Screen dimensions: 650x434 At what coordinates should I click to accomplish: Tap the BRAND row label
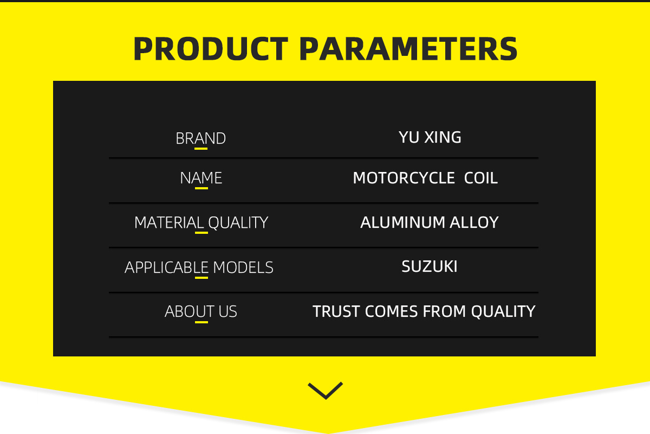click(x=200, y=138)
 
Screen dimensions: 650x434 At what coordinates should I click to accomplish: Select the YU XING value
click(x=430, y=137)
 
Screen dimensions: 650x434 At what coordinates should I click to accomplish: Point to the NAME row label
click(x=201, y=178)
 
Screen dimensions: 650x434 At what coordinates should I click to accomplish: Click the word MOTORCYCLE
click(x=404, y=178)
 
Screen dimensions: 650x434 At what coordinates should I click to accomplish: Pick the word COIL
click(x=481, y=178)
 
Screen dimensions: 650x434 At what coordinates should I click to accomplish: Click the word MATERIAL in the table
click(x=169, y=222)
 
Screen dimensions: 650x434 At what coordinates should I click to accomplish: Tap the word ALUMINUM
click(x=402, y=222)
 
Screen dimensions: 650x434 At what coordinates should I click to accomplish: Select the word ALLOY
click(x=474, y=222)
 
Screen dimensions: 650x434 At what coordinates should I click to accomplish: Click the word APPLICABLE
click(x=167, y=267)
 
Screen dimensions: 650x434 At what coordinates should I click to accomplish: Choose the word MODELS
click(x=243, y=267)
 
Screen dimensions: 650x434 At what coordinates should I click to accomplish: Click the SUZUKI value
click(x=430, y=266)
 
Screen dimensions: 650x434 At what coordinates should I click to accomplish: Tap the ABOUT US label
click(x=201, y=311)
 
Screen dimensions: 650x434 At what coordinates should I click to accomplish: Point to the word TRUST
click(x=336, y=311)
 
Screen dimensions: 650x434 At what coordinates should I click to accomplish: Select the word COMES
click(x=391, y=311)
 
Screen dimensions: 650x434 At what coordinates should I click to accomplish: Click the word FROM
click(x=444, y=311)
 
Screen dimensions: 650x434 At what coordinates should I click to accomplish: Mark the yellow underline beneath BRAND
click(x=201, y=149)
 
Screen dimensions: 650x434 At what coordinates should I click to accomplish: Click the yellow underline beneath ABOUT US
click(x=201, y=322)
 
